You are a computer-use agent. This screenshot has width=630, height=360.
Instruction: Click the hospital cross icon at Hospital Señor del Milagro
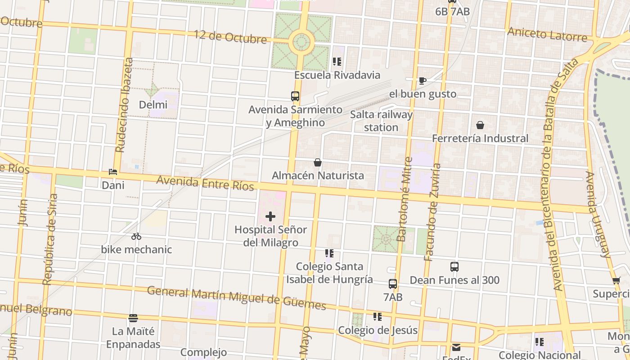coord(270,216)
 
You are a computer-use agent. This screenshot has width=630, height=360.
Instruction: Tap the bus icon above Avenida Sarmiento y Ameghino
coord(295,96)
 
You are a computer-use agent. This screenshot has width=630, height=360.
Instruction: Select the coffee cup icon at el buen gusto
coord(422,81)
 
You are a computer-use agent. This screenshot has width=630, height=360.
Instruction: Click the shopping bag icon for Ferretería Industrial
coord(480,125)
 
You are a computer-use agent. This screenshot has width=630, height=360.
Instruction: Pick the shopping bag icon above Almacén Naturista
coord(318,162)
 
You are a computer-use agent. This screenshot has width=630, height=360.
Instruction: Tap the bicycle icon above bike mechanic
coord(136,236)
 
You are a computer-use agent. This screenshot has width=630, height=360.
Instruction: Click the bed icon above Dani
coord(113,172)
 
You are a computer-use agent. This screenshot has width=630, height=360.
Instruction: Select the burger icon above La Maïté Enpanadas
coord(133,318)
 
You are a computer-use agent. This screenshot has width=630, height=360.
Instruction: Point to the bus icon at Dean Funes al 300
coord(454,267)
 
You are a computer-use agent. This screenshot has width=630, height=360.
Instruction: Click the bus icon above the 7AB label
coord(393,284)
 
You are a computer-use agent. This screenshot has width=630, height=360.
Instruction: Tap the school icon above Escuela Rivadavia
coord(337,62)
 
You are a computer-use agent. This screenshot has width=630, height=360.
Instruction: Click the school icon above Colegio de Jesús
coord(378,317)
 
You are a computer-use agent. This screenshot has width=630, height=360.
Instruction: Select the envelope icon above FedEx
coord(456,347)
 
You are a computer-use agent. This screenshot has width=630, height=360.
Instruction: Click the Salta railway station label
coord(381,121)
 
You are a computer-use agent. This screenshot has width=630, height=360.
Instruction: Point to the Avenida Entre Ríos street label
coord(205,183)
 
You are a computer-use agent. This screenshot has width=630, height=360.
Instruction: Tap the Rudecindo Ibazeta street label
coord(124,104)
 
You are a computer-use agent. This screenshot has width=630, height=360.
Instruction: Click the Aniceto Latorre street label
coord(547,34)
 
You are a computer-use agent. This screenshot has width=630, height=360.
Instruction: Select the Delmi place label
coord(153,105)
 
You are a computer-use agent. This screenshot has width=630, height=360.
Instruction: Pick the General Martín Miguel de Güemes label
coord(236,298)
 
